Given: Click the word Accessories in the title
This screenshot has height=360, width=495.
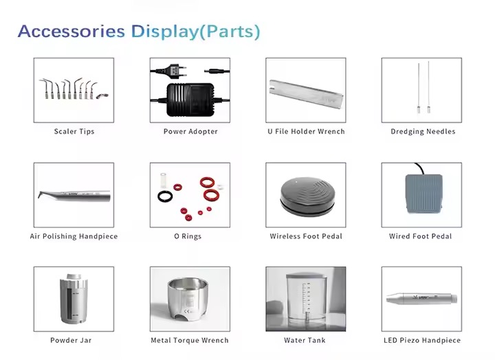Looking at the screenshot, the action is pyautogui.click(x=71, y=31).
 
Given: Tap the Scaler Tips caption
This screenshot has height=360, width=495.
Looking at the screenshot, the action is pyautogui.click(x=74, y=131).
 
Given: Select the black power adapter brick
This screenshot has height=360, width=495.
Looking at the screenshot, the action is pyautogui.click(x=190, y=100).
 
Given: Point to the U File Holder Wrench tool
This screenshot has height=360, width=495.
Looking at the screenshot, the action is pyautogui.click(x=306, y=93).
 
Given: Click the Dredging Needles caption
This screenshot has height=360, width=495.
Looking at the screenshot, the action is pyautogui.click(x=423, y=131).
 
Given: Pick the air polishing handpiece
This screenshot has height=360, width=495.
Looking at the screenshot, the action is pyautogui.click(x=74, y=196).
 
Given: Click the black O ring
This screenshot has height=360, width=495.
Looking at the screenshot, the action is pyautogui.click(x=165, y=196).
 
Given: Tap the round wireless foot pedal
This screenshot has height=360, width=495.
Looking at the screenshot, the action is pyautogui.click(x=307, y=196).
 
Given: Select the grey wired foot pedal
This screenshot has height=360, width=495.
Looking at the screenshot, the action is pyautogui.click(x=423, y=192).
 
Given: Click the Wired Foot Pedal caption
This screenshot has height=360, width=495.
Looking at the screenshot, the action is pyautogui.click(x=420, y=236).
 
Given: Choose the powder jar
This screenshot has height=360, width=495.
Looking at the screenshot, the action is pyautogui.click(x=74, y=298).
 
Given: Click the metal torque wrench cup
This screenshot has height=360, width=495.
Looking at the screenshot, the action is pyautogui.click(x=188, y=299).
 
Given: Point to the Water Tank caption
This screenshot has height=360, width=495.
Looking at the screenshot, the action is pyautogui.click(x=305, y=340).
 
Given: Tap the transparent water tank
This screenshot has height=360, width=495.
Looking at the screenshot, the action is pyautogui.click(x=306, y=299).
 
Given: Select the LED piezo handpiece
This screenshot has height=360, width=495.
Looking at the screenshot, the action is pyautogui.click(x=421, y=298).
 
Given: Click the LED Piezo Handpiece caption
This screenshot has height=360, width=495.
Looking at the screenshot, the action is pyautogui.click(x=422, y=340).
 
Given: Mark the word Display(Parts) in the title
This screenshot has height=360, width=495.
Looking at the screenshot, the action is pyautogui.click(x=196, y=32).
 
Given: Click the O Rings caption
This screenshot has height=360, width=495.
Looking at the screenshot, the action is pyautogui.click(x=188, y=236).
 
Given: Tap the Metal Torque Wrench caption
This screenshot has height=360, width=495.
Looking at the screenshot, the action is pyautogui.click(x=190, y=340).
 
